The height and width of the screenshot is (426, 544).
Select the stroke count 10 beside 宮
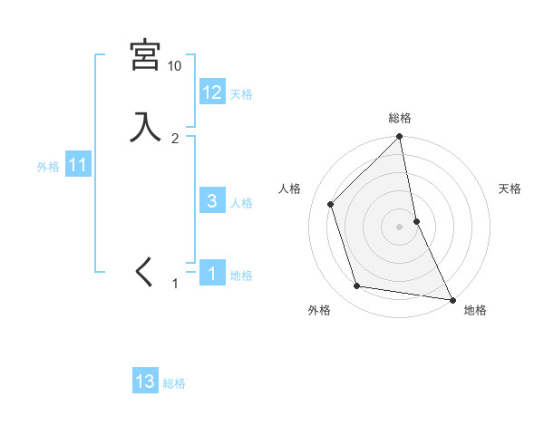(x=174, y=66)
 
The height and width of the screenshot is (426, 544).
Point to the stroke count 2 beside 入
(x=175, y=138)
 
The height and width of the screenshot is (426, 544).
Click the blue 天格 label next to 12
(x=241, y=94)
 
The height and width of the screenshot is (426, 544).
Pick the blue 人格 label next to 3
(x=242, y=203)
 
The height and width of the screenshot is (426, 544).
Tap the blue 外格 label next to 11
(x=48, y=167)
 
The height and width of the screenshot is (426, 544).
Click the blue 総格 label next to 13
(x=174, y=383)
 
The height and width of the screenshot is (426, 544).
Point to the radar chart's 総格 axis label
(x=400, y=118)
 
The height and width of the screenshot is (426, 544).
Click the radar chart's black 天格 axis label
(x=510, y=189)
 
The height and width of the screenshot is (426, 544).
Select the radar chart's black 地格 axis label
(x=475, y=310)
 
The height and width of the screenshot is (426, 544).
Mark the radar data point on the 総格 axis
(x=400, y=138)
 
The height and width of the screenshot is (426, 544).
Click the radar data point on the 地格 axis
(x=452, y=298)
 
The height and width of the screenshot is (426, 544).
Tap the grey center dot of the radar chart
(x=400, y=226)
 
